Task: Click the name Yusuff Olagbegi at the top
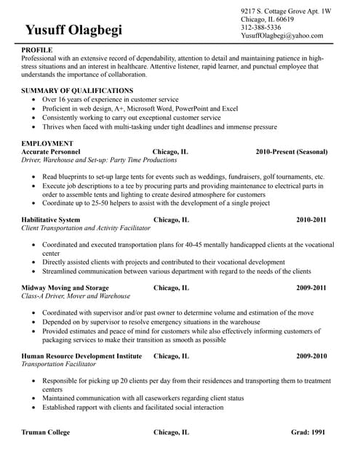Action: pyautogui.click(x=73, y=30)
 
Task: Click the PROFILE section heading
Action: pyautogui.click(x=37, y=50)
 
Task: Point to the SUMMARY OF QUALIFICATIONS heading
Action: pyautogui.click(x=77, y=90)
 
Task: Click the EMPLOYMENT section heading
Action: pyautogui.click(x=47, y=143)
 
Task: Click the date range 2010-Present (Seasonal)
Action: pyautogui.click(x=291, y=152)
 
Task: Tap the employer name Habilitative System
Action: pyautogui.click(x=51, y=219)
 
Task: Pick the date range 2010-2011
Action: pyautogui.click(x=311, y=219)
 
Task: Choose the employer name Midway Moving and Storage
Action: pyautogui.click(x=65, y=288)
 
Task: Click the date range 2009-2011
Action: pyautogui.click(x=311, y=288)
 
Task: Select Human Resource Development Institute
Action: pyautogui.click(x=81, y=356)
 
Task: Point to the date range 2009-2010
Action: pyautogui.click(x=311, y=356)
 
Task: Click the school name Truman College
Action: pyautogui.click(x=46, y=432)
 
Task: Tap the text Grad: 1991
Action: pyautogui.click(x=308, y=432)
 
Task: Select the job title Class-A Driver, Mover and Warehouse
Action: pyautogui.click(x=76, y=296)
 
